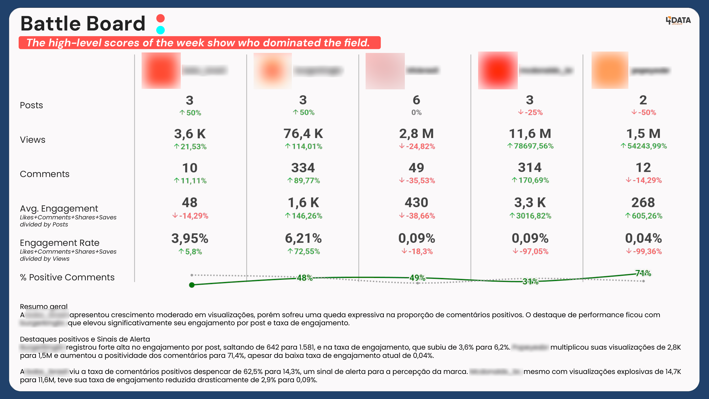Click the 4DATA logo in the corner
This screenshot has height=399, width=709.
(678, 21)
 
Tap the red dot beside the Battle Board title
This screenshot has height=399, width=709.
(160, 18)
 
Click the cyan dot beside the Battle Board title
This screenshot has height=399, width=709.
(160, 30)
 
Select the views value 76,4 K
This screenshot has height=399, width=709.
(303, 134)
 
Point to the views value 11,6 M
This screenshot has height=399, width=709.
(530, 134)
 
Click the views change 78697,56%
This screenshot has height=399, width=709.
(530, 146)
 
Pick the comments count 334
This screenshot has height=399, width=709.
(303, 168)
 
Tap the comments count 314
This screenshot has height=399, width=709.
(530, 167)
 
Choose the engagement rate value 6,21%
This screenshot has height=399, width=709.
(303, 238)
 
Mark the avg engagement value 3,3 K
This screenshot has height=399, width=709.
(530, 203)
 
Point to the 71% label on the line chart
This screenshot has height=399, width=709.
(643, 273)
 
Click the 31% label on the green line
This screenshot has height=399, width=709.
(530, 282)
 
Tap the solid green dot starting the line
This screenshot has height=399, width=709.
(192, 285)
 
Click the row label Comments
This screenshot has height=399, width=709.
(45, 174)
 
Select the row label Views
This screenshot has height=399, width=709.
(32, 140)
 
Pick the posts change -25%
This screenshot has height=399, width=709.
(530, 112)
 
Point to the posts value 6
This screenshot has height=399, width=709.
(416, 100)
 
